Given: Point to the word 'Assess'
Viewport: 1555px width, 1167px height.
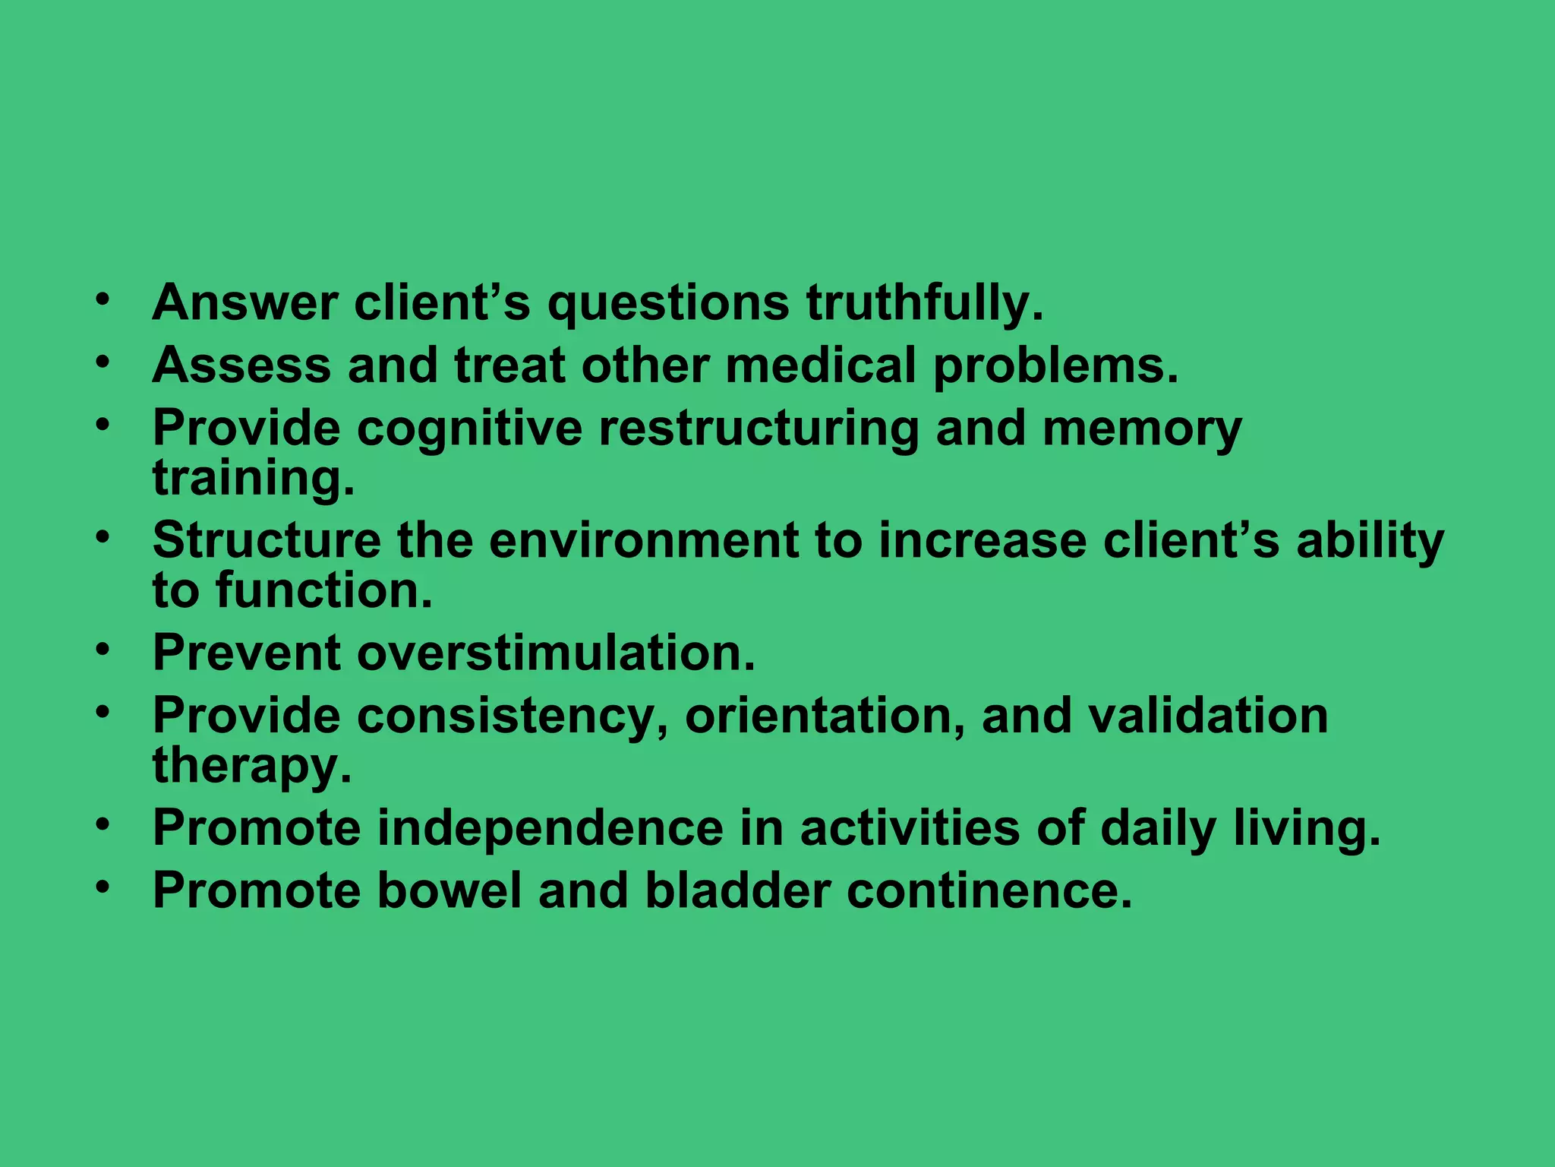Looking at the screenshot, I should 241,365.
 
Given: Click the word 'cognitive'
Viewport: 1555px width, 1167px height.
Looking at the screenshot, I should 469,428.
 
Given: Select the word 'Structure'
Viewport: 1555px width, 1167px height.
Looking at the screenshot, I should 267,540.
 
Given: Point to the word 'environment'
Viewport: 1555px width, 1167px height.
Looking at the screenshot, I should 643,540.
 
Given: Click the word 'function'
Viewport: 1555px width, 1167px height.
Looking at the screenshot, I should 323,590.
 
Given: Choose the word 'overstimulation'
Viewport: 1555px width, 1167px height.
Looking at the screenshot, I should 556,653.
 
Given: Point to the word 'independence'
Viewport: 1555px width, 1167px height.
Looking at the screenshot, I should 550,827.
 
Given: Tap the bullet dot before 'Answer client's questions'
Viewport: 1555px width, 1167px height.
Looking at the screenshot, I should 103,299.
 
